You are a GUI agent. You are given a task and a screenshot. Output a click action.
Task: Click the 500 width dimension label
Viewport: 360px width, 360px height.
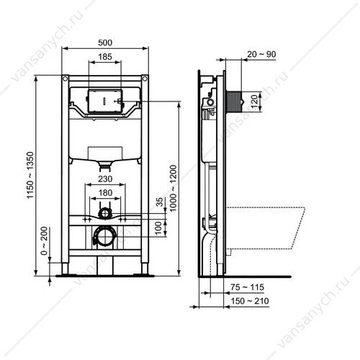pos(105,42)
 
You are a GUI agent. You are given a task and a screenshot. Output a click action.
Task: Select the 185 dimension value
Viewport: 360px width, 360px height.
pos(105,57)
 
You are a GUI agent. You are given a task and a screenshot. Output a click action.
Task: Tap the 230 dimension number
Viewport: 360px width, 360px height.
pos(105,179)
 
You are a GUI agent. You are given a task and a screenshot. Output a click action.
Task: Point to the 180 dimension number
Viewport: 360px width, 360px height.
pos(105,193)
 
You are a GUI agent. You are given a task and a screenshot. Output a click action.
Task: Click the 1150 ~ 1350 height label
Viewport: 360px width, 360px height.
pos(30,175)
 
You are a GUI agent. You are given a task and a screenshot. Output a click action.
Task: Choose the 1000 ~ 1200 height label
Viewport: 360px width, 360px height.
pos(173,188)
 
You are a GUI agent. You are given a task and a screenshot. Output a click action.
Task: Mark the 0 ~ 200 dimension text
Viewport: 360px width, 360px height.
pos(45,241)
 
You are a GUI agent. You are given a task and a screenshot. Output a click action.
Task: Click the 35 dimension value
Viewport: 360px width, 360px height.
pos(160,202)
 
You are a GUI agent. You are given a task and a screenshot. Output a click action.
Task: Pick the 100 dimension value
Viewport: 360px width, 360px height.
pos(158,228)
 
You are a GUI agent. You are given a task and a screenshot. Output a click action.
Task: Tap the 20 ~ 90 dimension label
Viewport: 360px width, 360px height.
pos(261,54)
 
